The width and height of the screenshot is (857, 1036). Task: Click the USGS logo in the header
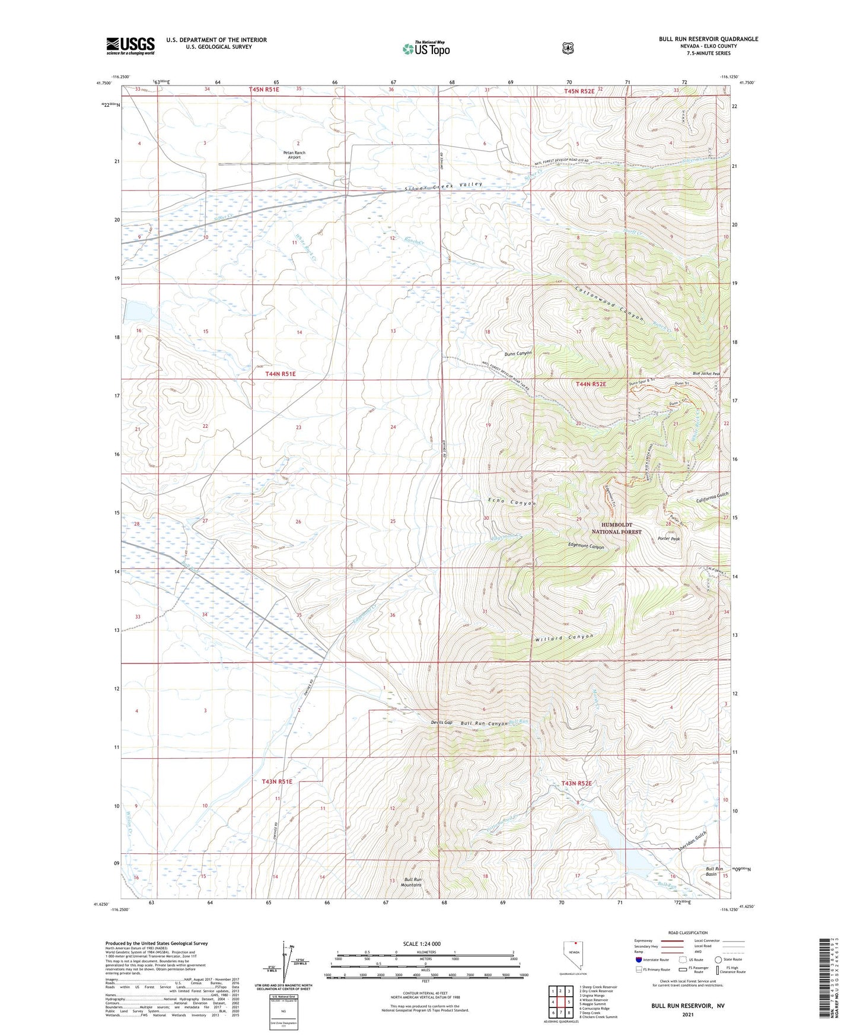pos(130,46)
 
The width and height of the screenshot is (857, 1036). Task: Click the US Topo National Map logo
pos(426,49)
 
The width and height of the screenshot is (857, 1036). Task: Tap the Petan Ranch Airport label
pos(294,155)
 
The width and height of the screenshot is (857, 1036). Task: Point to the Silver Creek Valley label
pos(444,186)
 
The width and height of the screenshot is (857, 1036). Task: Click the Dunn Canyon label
pos(518,354)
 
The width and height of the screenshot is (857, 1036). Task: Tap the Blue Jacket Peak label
pos(706,374)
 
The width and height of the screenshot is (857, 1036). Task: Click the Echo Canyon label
pos(511,501)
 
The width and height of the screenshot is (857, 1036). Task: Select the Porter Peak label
pos(668,539)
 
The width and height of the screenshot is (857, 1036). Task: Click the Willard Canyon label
pos(565,638)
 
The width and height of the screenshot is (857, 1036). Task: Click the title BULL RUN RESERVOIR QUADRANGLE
pos(708,39)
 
